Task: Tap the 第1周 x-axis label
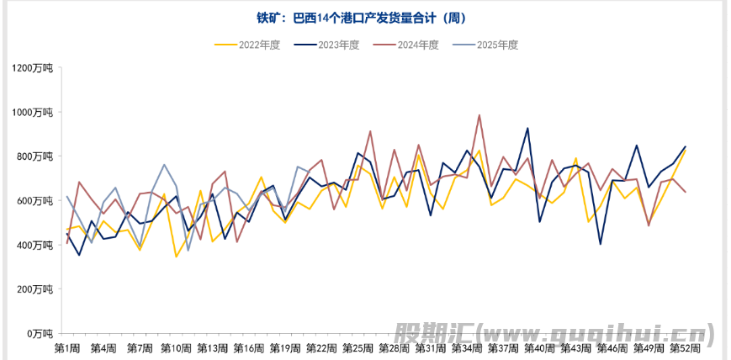point(67,348)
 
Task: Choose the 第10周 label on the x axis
point(176,348)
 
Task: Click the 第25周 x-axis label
point(358,348)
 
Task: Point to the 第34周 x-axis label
point(467,348)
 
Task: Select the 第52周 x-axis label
point(684,348)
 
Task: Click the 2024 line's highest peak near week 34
point(479,115)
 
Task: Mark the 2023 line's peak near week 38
point(527,128)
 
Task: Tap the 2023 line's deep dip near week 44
point(600,244)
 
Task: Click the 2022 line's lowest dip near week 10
point(176,257)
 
